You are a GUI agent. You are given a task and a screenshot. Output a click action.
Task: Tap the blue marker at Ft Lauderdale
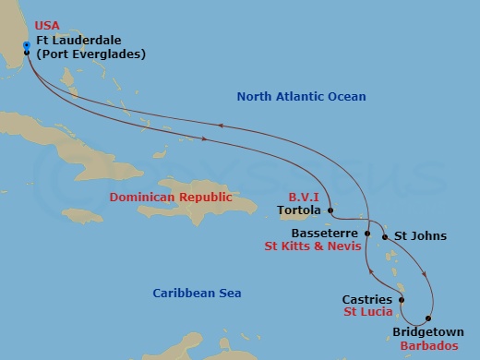[27, 44]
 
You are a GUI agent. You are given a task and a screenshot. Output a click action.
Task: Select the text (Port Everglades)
[90, 54]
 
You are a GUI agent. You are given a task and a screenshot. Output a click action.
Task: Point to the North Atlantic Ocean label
[301, 97]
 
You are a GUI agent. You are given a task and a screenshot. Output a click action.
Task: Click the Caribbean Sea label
[197, 294]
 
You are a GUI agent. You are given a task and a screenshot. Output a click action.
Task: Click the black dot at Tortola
[330, 210]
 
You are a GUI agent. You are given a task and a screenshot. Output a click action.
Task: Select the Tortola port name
[299, 210]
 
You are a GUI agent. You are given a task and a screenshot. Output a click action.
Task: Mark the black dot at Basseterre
[367, 234]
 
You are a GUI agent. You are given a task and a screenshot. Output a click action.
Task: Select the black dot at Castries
[402, 300]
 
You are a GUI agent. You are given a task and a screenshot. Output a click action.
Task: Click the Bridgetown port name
[427, 330]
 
